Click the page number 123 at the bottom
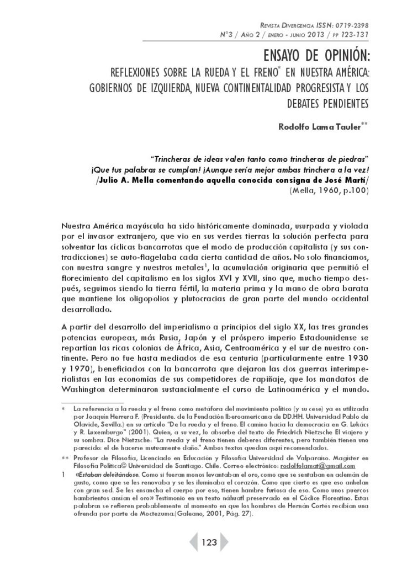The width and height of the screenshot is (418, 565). point(209,542)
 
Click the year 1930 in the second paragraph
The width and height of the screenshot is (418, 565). point(358,342)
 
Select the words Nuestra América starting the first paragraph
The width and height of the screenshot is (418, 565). point(92,226)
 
